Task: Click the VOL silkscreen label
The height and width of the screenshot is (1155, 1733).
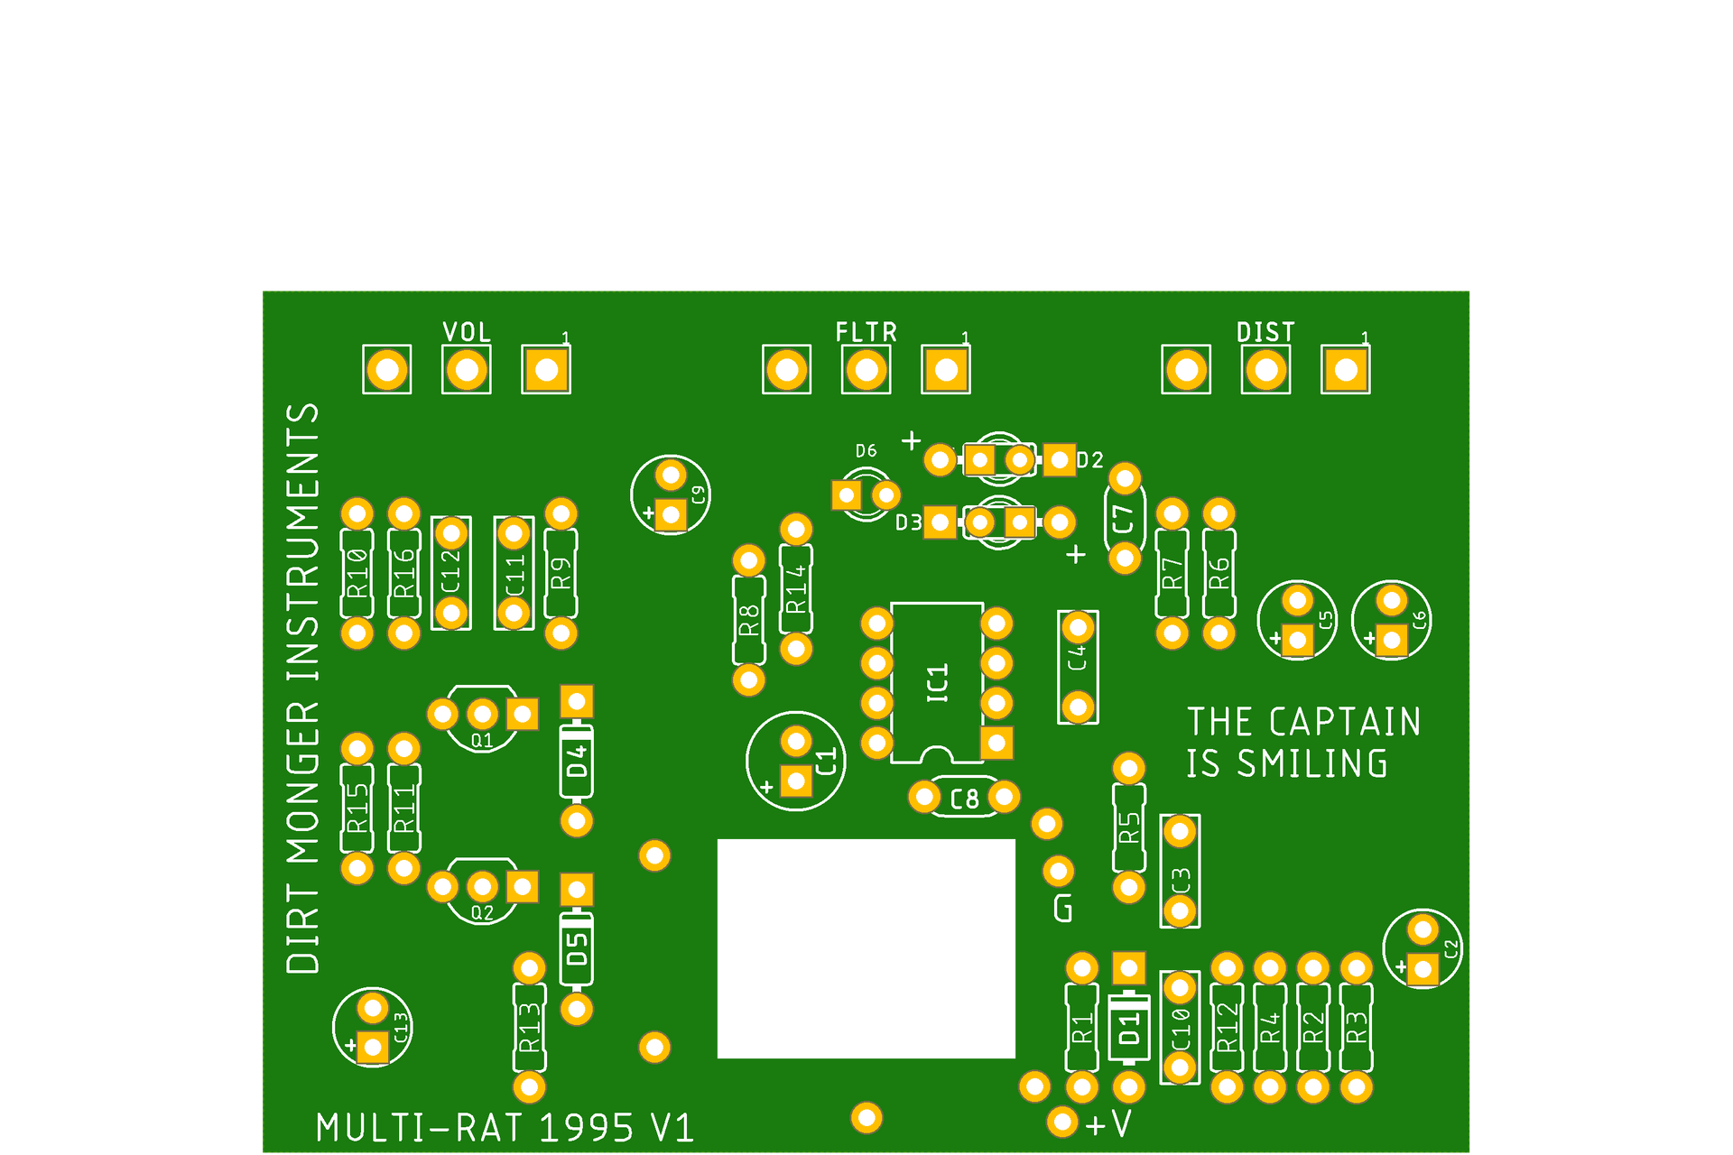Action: [467, 332]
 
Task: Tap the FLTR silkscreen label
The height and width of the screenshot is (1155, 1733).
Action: [866, 332]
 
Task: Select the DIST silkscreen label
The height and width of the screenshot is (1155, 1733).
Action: [1265, 332]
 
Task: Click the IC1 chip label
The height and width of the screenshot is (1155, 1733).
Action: [938, 682]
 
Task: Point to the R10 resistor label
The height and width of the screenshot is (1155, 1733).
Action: [357, 573]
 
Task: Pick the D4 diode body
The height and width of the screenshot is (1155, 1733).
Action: [577, 761]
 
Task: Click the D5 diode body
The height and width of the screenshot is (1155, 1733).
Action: [577, 949]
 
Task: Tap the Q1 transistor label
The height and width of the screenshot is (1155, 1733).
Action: [482, 741]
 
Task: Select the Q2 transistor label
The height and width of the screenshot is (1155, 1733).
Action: [482, 913]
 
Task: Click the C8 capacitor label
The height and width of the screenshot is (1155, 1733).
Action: [964, 799]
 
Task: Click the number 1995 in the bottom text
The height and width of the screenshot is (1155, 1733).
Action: [586, 1128]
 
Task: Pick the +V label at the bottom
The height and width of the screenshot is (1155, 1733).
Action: [1109, 1124]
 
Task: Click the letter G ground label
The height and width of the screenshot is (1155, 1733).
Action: [1063, 909]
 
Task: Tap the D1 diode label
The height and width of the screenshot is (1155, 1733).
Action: [1128, 1029]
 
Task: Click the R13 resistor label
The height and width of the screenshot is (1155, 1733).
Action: [529, 1028]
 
